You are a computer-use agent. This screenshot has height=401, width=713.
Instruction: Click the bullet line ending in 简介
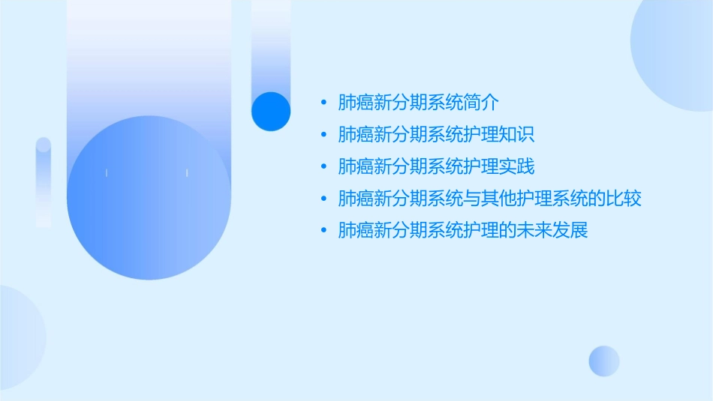pos(418,103)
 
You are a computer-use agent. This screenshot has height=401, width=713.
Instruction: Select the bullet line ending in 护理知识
pos(435,135)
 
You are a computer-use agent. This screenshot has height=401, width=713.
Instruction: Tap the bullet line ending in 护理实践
pos(435,166)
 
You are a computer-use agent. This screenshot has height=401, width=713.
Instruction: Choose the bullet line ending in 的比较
pos(489,199)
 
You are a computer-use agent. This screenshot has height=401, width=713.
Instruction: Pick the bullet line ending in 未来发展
pos(462,230)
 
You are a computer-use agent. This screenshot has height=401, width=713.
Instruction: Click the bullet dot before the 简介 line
pos(323,103)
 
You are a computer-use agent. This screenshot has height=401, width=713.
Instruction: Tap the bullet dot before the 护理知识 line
pos(323,135)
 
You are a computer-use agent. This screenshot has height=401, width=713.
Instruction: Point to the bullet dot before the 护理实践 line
pos(323,166)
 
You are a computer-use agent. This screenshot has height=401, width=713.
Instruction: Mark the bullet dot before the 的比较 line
pos(323,199)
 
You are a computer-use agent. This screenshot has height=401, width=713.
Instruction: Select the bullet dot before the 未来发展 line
pos(323,230)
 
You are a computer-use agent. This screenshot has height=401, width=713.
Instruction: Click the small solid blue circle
pos(271,111)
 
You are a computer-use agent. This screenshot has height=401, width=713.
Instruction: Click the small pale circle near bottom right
pos(604,361)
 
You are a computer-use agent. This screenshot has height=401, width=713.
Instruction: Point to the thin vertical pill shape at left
pos(44,182)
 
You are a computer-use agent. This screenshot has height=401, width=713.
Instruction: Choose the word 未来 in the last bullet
pos(534,230)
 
